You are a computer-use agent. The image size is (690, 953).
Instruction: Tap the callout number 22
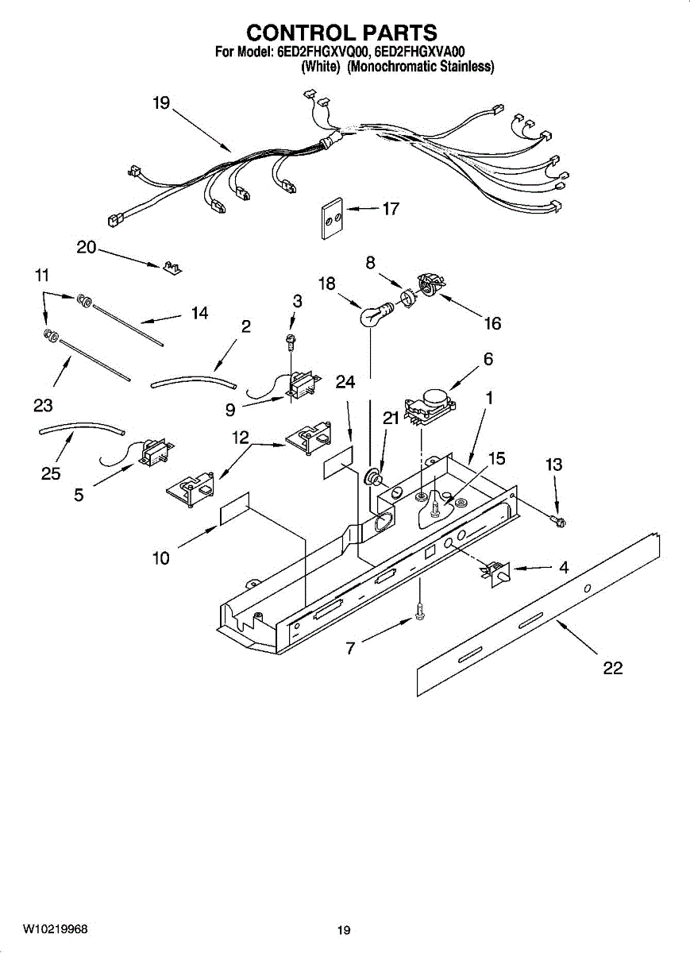pyautogui.click(x=612, y=668)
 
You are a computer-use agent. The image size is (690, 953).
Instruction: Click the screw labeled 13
pyautogui.click(x=558, y=521)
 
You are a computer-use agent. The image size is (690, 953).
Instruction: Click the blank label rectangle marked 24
pyautogui.click(x=337, y=463)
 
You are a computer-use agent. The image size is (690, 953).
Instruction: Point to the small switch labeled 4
pyautogui.click(x=495, y=571)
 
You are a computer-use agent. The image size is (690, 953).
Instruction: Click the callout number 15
pyautogui.click(x=496, y=459)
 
